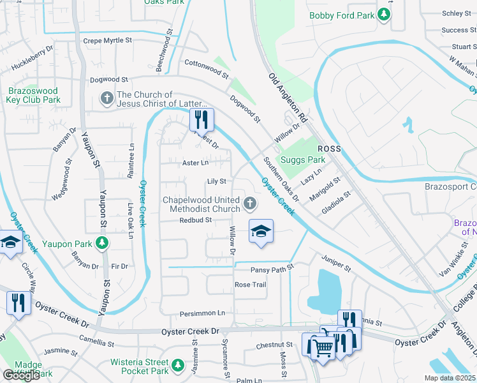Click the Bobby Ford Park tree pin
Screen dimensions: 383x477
point(383,15)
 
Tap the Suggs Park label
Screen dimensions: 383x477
point(304,160)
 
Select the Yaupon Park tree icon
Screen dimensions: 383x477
point(101,243)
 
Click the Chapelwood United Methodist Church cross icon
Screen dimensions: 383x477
point(250,204)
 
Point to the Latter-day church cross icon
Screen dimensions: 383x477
point(107,99)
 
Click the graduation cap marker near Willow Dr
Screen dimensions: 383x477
point(260,231)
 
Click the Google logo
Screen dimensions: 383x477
point(21,375)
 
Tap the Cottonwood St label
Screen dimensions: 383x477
point(206,68)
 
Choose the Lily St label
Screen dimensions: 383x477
point(217,182)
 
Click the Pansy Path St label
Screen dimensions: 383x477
point(271,269)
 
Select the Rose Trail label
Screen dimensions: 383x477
point(250,285)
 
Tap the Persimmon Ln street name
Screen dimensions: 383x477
point(203,313)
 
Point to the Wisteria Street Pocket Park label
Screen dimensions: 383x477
point(139,366)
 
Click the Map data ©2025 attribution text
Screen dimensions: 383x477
point(450,378)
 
